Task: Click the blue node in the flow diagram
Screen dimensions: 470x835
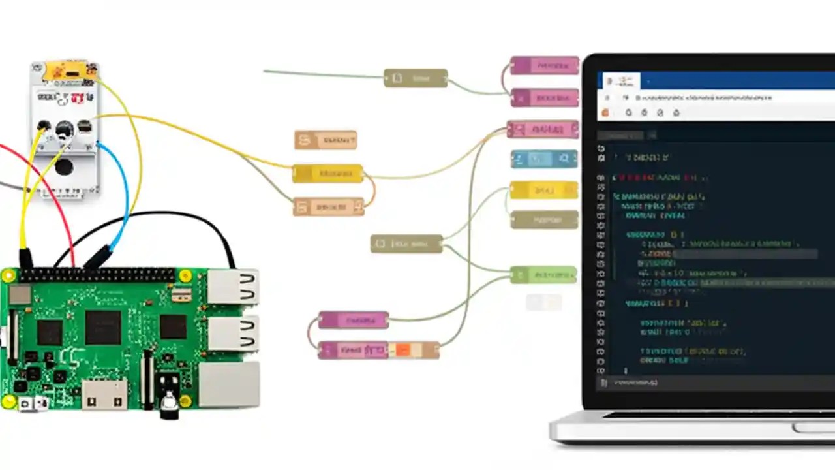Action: tap(544, 159)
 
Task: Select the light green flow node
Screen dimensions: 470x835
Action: tap(543, 275)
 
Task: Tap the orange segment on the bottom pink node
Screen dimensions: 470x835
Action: tap(402, 351)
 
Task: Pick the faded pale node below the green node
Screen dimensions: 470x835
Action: tap(543, 302)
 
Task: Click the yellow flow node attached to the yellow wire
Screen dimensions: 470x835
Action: tap(327, 174)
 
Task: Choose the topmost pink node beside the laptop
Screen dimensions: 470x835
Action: tap(544, 65)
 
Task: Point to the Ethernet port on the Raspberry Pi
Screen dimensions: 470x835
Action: tap(228, 384)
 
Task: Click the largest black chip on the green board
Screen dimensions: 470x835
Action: tap(103, 326)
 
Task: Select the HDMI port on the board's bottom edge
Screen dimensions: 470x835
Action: tap(104, 394)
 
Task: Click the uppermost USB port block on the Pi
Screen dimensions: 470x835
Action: tap(232, 287)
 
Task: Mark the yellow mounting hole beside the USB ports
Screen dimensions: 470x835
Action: tap(185, 275)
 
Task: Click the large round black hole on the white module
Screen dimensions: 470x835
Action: tap(64, 167)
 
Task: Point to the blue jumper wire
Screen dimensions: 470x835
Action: tap(124, 196)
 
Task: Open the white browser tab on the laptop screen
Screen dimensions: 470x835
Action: tap(620, 81)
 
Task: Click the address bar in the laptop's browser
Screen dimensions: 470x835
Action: tap(705, 97)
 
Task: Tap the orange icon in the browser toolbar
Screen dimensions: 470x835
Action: tap(605, 112)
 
